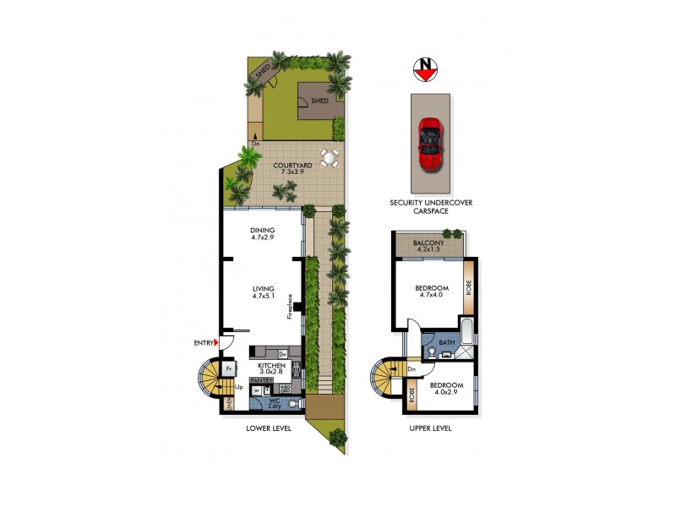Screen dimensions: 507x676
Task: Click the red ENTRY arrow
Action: coord(218,342)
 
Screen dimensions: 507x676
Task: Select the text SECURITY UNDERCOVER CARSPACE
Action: coord(431,207)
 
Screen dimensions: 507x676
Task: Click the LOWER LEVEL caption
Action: coord(269,428)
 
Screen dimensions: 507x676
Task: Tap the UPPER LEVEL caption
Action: coord(430,428)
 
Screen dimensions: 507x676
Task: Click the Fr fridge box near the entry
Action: coord(229,368)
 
